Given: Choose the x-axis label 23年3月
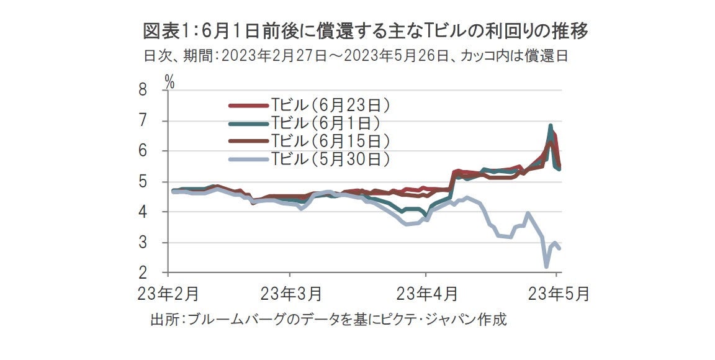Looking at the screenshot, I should (290, 294).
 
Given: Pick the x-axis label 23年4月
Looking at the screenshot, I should (426, 294).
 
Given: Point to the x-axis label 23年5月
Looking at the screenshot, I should (557, 294).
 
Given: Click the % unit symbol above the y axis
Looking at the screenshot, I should (169, 79).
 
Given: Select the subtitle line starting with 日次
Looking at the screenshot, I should (357, 56).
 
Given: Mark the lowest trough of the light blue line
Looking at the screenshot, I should (546, 267).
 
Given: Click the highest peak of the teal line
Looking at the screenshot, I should (551, 126).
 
